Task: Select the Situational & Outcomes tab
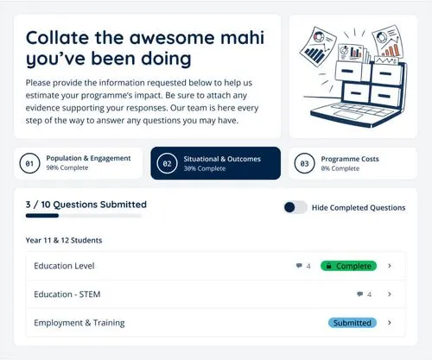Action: point(215,162)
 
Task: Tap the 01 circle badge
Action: point(30,163)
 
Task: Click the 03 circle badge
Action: point(304,163)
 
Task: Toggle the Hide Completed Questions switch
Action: point(295,207)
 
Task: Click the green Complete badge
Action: point(347,266)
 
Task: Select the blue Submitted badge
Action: point(353,323)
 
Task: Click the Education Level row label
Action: point(64,266)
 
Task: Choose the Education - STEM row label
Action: point(67,294)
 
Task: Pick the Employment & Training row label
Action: point(79,323)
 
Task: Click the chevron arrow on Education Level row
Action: point(390,266)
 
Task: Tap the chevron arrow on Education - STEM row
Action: point(390,294)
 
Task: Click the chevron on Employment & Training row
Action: point(390,323)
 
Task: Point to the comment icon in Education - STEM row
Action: point(359,294)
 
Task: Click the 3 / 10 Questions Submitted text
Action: point(86,205)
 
